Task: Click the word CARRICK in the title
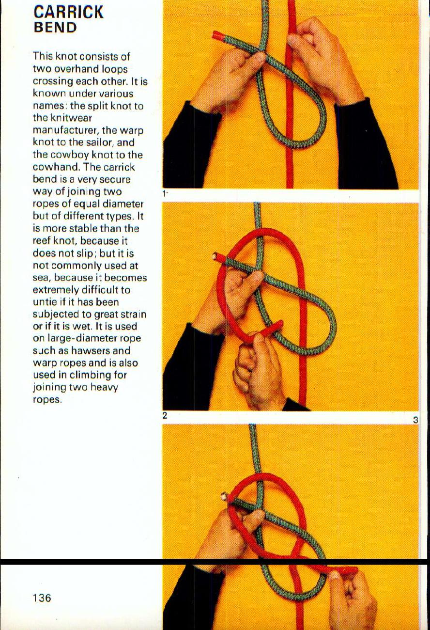pos(68,12)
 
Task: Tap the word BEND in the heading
pos(55,27)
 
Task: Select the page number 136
pos(42,598)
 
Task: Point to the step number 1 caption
pos(165,194)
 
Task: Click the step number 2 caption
pos(165,415)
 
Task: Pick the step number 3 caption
pos(415,420)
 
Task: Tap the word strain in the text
pos(133,314)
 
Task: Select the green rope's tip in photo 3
pos(225,496)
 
